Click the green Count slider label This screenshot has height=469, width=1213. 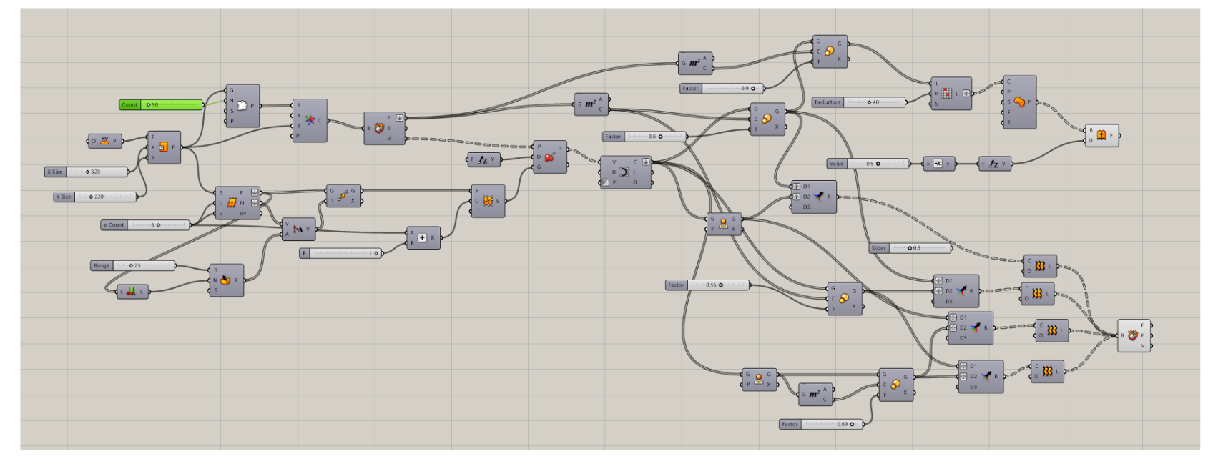tap(129, 105)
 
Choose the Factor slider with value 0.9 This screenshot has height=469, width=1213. tap(722, 89)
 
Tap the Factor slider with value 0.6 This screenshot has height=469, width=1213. tap(644, 137)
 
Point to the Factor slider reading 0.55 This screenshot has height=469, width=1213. tap(707, 285)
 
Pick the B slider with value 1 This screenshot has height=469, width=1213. tap(341, 253)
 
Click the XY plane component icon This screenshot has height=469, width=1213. tap(105, 141)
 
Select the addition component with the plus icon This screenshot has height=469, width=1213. tap(423, 237)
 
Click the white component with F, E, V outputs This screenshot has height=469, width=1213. tap(1133, 335)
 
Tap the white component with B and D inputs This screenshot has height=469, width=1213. tap(1101, 135)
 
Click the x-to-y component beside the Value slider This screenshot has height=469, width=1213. tap(938, 164)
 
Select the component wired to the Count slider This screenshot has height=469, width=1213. tap(242, 106)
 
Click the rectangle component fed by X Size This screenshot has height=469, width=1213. tap(163, 147)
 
